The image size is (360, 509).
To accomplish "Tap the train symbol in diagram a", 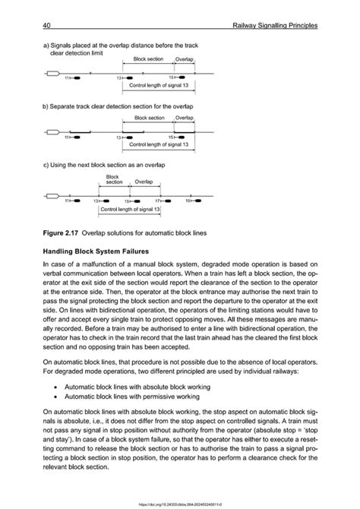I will [52, 74].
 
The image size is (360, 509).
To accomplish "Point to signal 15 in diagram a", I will [177, 77].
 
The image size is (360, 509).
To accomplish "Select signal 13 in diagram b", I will [123, 138].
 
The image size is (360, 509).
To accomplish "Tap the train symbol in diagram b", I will [52, 133].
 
